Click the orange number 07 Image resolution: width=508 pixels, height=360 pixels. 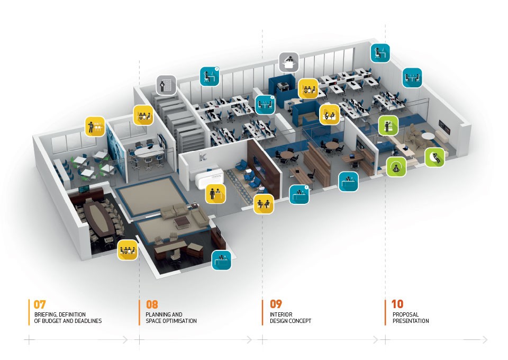pyautogui.click(x=40, y=304)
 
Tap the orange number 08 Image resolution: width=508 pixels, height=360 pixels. pyautogui.click(x=152, y=304)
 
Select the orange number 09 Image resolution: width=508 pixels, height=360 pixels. pyautogui.click(x=276, y=304)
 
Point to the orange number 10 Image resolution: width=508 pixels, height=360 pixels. pyautogui.click(x=397, y=304)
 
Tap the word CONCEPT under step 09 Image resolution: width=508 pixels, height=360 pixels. pyautogui.click(x=300, y=321)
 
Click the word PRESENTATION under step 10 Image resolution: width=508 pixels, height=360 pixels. pyautogui.click(x=411, y=321)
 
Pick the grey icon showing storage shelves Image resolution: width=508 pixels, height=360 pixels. pyautogui.click(x=166, y=85)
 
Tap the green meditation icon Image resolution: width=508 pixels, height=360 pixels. pyautogui.click(x=396, y=167)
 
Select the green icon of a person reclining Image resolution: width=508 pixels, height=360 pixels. pyautogui.click(x=434, y=157)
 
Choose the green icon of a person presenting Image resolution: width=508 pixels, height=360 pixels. pyautogui.click(x=388, y=125)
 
